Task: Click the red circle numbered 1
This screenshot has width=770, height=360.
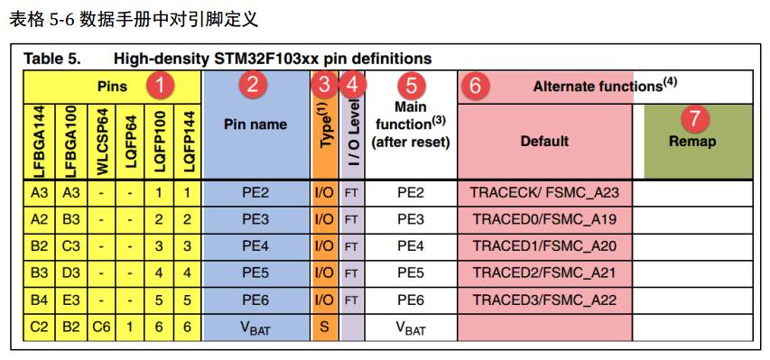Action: coord(160,87)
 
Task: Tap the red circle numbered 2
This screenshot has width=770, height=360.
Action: coord(253,87)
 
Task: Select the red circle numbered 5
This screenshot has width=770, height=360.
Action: coord(412,87)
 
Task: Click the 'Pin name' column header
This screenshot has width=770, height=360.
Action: coord(255,125)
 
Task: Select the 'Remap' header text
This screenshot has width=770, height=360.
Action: coord(692,142)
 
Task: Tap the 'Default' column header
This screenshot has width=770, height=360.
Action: coord(544,141)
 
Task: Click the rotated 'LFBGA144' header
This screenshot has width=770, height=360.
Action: coord(39,141)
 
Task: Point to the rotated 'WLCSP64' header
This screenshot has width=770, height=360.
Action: coord(102,141)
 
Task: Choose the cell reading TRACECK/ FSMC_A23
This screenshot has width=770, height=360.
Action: coord(545,192)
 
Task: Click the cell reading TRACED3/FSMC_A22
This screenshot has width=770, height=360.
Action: coord(545,300)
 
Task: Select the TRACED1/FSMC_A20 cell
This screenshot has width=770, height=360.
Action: coord(545,245)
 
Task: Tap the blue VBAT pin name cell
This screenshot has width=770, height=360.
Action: coord(255,328)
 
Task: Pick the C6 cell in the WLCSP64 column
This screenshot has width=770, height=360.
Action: coord(101,327)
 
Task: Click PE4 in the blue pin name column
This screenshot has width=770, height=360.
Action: coord(255,245)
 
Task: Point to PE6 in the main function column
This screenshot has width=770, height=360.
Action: coord(411,300)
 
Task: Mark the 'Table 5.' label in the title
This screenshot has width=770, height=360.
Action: coord(52,59)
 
